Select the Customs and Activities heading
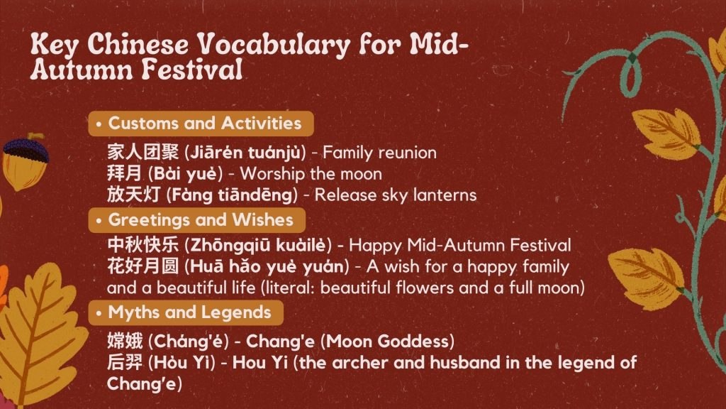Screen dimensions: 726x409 (205, 124)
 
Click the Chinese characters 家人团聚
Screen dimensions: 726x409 (143, 152)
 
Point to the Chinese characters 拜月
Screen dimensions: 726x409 (124, 173)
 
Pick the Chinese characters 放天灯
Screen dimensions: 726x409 (134, 195)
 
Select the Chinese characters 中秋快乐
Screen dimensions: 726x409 (143, 245)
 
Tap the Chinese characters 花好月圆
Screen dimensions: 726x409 (143, 266)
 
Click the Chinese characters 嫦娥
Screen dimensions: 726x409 (125, 342)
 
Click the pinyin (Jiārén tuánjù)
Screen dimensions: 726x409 (245, 153)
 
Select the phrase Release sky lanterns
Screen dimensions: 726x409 (396, 195)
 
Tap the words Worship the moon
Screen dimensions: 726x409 (311, 174)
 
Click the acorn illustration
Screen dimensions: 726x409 (25, 163)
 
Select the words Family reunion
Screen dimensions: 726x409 (379, 153)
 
